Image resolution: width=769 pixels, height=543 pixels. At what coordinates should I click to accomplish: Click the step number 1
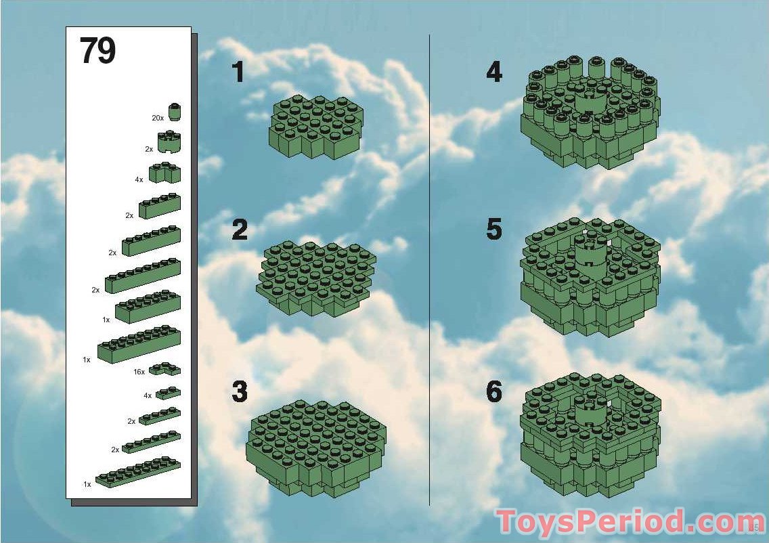click(238, 72)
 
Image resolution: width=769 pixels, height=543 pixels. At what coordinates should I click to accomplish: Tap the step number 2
click(240, 230)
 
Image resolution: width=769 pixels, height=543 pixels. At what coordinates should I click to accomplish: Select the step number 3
click(240, 391)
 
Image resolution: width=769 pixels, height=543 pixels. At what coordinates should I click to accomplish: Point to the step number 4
click(494, 72)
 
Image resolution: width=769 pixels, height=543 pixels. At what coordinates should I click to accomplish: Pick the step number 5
click(494, 229)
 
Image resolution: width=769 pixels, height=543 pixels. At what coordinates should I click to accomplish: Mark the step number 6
click(494, 391)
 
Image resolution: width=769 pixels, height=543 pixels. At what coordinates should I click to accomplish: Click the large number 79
click(98, 51)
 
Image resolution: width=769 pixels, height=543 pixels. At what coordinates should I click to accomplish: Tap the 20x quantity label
click(158, 118)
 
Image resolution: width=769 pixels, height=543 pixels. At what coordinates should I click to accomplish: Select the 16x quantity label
click(139, 372)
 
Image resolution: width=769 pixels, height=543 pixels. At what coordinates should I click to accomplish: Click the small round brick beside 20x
click(174, 112)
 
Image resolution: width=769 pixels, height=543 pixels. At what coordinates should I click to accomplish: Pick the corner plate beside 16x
click(164, 369)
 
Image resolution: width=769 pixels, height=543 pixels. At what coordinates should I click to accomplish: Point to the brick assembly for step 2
click(316, 278)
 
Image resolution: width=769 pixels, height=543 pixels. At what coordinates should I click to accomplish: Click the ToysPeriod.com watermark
click(630, 521)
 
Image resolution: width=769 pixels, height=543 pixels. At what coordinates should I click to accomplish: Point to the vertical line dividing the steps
click(430, 269)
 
